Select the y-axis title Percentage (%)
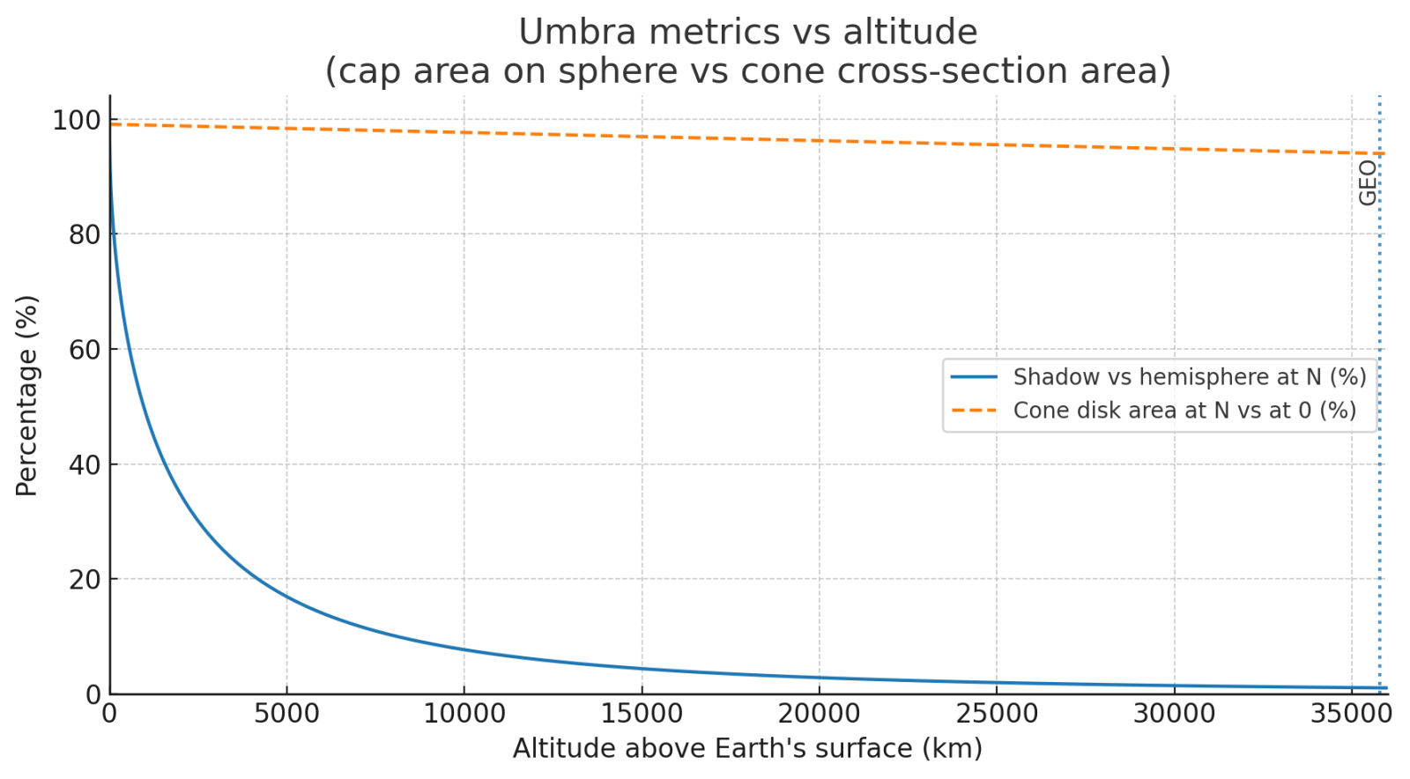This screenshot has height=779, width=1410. click(x=26, y=395)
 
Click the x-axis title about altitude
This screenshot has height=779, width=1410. click(x=747, y=748)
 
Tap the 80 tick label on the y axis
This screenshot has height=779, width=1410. click(x=85, y=234)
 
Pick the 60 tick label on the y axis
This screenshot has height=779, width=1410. click(x=85, y=350)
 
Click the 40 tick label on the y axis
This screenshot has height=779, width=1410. click(x=85, y=464)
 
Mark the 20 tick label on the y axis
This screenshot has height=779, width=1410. click(x=85, y=580)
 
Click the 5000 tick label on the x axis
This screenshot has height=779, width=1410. click(x=286, y=713)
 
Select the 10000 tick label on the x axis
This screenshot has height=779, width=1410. click(x=464, y=713)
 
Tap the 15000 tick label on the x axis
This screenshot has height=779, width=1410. click(x=642, y=713)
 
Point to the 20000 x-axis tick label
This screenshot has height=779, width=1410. click(x=820, y=713)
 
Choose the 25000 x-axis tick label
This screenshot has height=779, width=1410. click(x=997, y=713)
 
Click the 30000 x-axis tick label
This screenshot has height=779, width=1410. click(x=1174, y=713)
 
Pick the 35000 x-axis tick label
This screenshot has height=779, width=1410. click(x=1352, y=713)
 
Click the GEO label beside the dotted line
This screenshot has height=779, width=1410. click(x=1367, y=183)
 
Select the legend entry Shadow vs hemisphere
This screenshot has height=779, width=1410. click(x=1189, y=377)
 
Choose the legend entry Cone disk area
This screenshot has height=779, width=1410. click(x=1184, y=411)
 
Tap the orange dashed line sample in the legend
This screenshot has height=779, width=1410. click(x=974, y=411)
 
